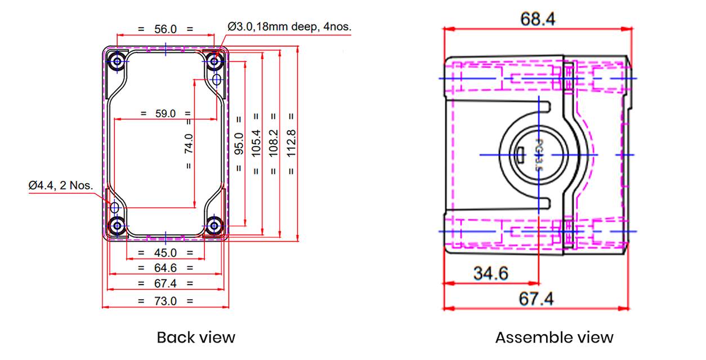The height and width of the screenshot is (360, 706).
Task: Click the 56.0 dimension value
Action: pos(166,29)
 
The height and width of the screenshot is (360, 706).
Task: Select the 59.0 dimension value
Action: pos(166,113)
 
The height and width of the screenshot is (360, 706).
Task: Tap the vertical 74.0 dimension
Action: pos(189,144)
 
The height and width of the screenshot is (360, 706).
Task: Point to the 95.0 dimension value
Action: pos(239,144)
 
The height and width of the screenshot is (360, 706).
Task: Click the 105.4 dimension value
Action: pos(256,144)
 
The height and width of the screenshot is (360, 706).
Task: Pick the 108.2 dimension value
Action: pos(274,144)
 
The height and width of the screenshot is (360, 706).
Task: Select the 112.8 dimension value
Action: pos(291,144)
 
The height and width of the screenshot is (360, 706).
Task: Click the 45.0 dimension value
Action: pos(166,253)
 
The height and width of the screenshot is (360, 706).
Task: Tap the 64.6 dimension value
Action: pos(166,268)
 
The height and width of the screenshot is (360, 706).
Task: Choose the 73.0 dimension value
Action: pos(166,301)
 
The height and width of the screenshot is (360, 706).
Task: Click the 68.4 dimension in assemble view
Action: pos(538,19)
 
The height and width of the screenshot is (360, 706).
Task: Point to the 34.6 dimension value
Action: pos(490,274)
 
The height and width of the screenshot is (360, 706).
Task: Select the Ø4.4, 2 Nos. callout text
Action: pos(61,185)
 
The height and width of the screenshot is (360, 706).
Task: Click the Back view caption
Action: pos(195,337)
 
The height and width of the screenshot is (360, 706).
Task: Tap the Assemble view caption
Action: pos(554,337)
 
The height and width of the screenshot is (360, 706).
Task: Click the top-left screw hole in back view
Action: pos(118,61)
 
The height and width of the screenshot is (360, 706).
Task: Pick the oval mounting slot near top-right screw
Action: pos(217,80)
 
